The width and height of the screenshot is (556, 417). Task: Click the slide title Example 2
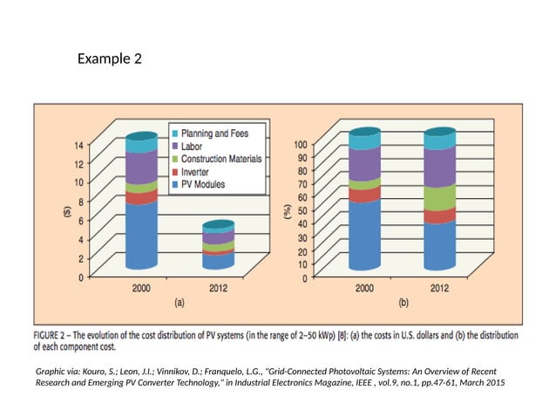click(x=109, y=59)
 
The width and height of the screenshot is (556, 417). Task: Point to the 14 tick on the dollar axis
click(x=79, y=145)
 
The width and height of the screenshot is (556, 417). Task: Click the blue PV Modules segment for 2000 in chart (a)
click(x=141, y=236)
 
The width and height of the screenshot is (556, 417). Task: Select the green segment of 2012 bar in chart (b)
click(x=439, y=198)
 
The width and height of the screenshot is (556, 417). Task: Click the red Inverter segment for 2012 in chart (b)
click(x=439, y=215)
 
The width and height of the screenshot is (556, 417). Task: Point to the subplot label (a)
click(x=180, y=304)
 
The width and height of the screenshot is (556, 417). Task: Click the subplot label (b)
click(x=403, y=304)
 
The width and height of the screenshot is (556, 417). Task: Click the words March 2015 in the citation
click(x=481, y=383)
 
